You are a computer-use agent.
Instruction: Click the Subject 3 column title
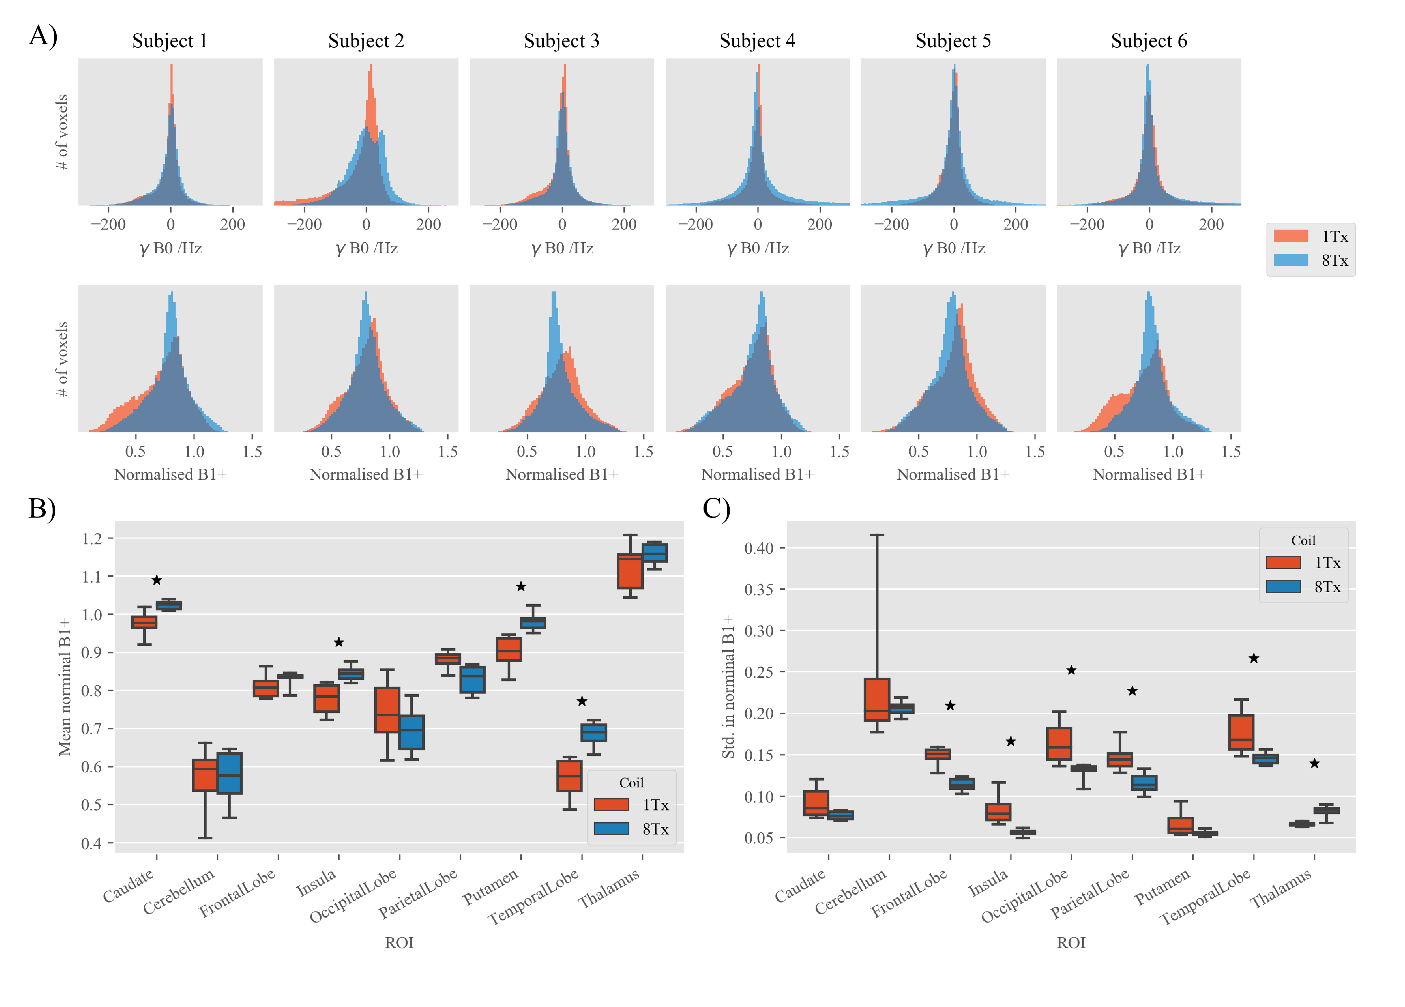[561, 41]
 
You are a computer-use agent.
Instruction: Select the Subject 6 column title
[1149, 41]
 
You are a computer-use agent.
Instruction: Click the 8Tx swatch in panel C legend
[1283, 586]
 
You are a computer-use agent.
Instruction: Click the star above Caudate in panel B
[157, 580]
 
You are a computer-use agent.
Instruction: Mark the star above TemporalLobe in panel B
[582, 701]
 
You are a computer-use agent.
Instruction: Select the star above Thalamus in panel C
[1314, 763]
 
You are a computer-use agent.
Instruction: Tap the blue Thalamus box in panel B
[654, 552]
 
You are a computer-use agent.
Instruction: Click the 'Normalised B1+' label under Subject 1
[170, 474]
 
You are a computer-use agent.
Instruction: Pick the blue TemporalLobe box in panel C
[1265, 759]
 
